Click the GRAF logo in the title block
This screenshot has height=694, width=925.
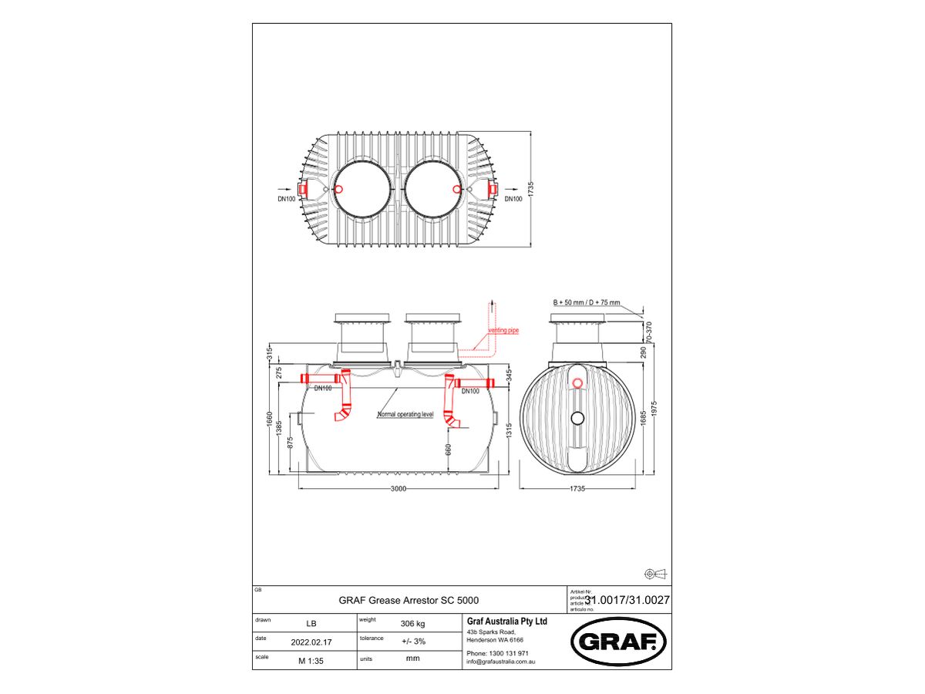pos(617,641)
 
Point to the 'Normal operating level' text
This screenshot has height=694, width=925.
pos(405,415)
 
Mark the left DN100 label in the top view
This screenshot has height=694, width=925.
pos(286,199)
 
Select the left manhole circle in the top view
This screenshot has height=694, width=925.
pos(360,189)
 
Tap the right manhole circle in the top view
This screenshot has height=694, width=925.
pos(433,189)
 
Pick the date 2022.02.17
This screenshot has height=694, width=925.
pos(311,642)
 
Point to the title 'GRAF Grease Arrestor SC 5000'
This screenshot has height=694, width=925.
pos(413,599)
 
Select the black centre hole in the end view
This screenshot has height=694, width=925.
pos(577,417)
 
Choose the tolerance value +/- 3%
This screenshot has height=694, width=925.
pos(412,642)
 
